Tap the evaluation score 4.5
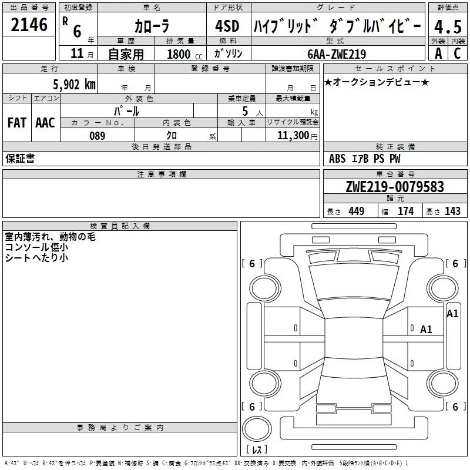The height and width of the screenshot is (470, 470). point(447,26)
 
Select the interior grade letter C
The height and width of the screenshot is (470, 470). point(456,53)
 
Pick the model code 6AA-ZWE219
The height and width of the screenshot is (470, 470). point(337,54)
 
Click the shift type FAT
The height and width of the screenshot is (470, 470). point(16,123)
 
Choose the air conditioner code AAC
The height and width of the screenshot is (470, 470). point(45,123)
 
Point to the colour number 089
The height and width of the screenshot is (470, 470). point(97,136)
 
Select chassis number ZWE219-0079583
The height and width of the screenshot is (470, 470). point(394,187)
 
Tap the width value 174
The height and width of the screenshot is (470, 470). point(405,211)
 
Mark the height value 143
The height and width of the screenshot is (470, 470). point(452,211)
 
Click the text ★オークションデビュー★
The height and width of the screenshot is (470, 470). point(377,82)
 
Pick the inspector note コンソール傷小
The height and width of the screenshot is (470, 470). point(36,248)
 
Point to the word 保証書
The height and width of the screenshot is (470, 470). point(20,159)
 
